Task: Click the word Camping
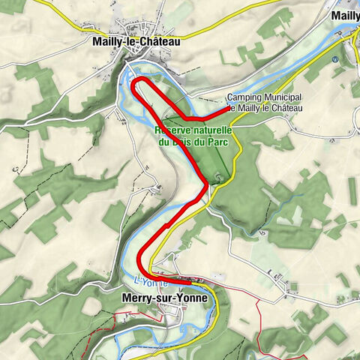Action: (244, 98)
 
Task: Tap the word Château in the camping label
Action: (283, 108)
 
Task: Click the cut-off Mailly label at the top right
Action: (346, 15)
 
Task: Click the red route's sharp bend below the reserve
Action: (206, 183)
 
